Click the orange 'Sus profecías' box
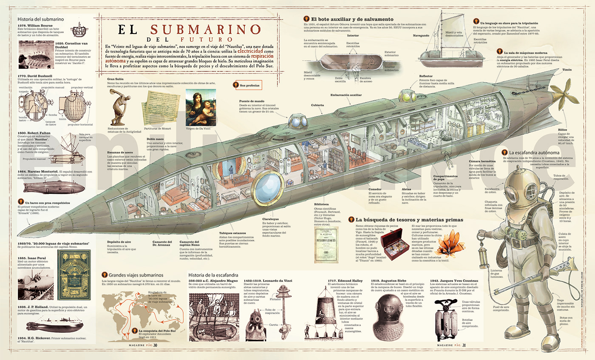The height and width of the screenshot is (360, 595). [x=247, y=85]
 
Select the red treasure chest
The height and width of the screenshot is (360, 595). [x=395, y=244]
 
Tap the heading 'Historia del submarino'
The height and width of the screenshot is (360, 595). [x=40, y=19]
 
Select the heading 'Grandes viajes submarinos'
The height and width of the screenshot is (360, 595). [x=138, y=275]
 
